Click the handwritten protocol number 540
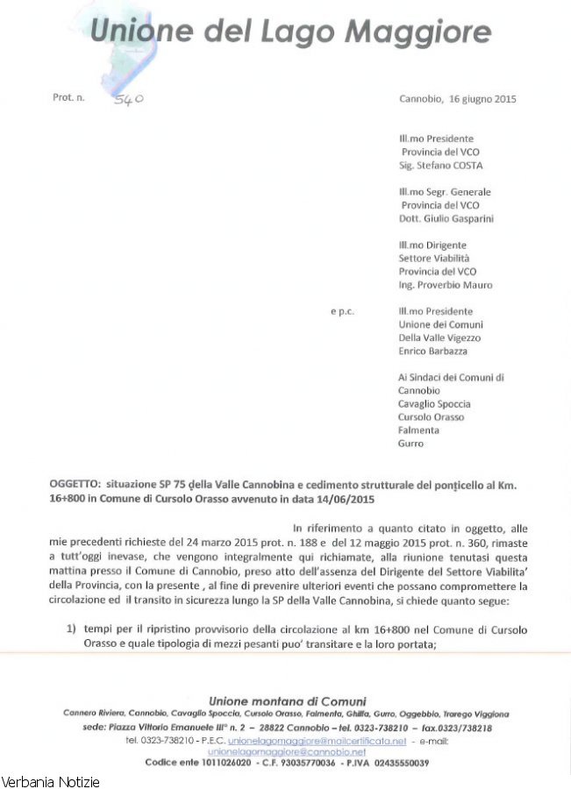129,100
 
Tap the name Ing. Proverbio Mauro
445,285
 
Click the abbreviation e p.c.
342,311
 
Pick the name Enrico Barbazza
432,351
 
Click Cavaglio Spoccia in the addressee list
434,403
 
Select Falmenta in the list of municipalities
419,430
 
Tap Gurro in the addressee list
410,444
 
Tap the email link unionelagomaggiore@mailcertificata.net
317,741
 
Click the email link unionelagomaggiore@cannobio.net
287,752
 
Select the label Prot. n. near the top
68,98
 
